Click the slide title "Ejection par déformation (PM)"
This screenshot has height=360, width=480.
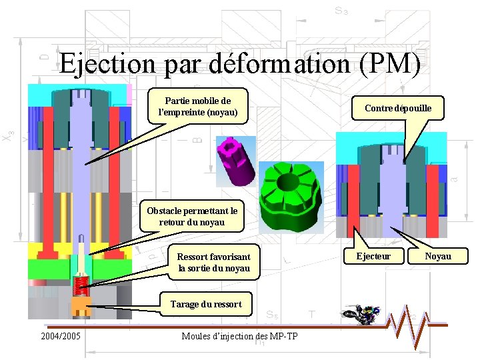(240, 64)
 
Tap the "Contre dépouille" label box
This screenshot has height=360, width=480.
(398, 107)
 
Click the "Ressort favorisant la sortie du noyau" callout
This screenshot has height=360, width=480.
(213, 262)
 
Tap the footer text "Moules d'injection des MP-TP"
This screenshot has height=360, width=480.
(239, 335)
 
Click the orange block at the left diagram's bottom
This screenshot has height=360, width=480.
(81, 308)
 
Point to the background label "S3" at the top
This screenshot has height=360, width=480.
(341, 11)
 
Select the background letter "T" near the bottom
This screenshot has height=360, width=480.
(311, 313)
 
